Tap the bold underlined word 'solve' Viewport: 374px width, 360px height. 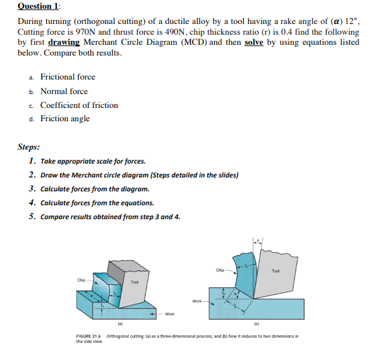[255, 42]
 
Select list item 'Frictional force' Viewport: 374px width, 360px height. [68, 77]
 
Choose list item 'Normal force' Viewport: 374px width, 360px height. [64, 91]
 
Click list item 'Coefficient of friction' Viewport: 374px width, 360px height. [79, 105]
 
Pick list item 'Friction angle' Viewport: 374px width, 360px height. [65, 119]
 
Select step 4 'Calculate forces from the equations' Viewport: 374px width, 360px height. [97, 203]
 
